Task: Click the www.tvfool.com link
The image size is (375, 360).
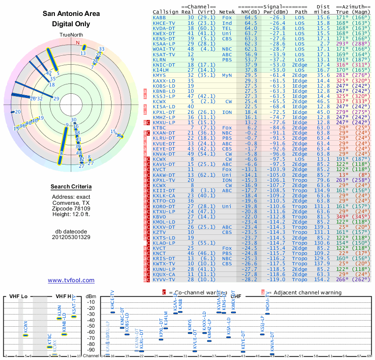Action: point(71,280)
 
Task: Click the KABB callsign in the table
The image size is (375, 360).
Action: point(159,17)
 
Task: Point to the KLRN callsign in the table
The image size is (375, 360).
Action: point(159,60)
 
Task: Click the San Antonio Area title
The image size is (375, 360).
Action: point(71,14)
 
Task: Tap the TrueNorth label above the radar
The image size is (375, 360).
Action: point(71,36)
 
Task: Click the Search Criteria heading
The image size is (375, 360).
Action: point(71,187)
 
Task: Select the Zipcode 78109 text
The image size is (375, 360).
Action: point(71,209)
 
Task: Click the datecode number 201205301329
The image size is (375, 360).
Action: point(71,237)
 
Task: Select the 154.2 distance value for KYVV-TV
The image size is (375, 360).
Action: point(323,279)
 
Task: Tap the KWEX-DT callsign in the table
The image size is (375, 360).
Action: point(165,33)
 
